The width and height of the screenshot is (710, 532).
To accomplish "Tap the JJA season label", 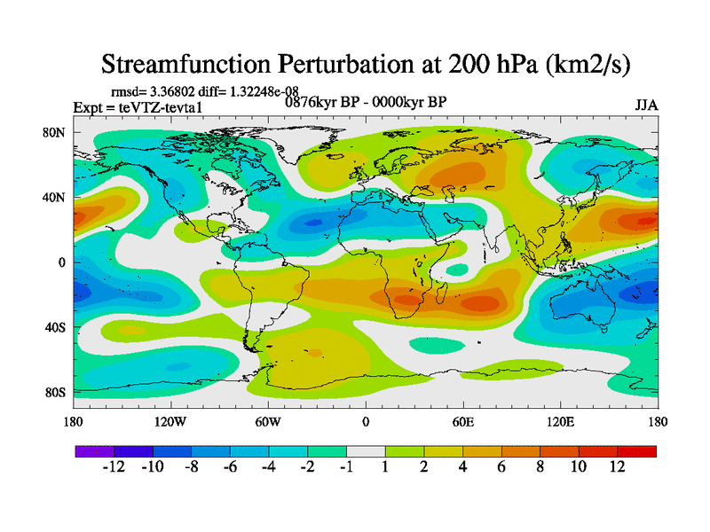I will click(646, 105).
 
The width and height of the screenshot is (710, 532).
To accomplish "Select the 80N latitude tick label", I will click(54, 132).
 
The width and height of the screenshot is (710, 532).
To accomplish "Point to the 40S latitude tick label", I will click(54, 327).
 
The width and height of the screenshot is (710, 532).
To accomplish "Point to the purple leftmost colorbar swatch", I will click(94, 451).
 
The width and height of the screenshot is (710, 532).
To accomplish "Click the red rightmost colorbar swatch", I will click(637, 451).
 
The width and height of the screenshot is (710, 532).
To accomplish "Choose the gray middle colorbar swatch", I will click(365, 451).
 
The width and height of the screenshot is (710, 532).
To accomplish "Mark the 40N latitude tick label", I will click(54, 197).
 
